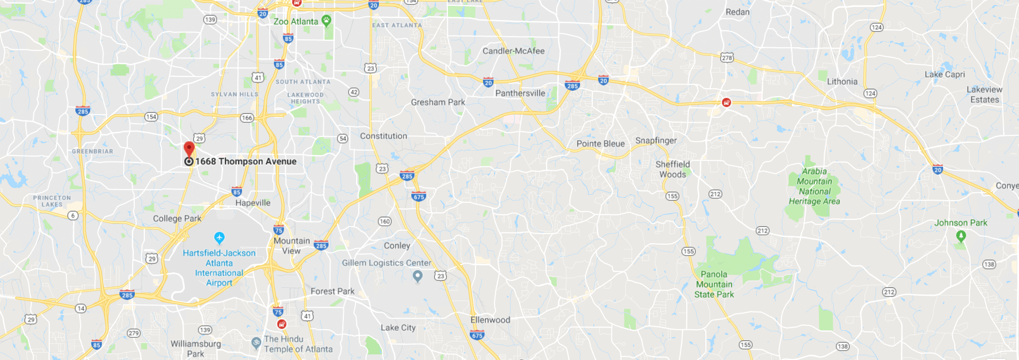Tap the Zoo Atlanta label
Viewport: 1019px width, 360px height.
[296, 22]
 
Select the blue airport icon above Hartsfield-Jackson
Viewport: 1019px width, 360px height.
[219, 237]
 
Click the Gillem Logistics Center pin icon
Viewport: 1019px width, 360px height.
[418, 276]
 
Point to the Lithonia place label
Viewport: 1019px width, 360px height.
[842, 82]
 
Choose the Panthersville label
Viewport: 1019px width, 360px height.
[520, 93]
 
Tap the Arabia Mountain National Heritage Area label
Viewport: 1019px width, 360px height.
[814, 186]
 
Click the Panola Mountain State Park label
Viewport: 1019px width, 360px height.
[714, 285]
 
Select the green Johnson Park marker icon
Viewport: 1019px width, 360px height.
[961, 236]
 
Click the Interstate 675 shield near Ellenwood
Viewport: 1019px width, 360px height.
[477, 335]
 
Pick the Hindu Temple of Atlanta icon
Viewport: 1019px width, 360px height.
[256, 343]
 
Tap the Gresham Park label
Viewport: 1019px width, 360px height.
[438, 102]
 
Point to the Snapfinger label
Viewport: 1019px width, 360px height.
[656, 141]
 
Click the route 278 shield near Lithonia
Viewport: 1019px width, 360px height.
[727, 57]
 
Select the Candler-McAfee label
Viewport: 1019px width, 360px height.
[513, 51]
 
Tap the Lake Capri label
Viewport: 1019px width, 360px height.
[945, 74]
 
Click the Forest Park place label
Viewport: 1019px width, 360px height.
[332, 292]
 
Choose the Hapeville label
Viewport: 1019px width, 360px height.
[253, 203]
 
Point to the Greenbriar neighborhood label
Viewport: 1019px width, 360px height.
[92, 151]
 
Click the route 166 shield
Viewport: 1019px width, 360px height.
[247, 118]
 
